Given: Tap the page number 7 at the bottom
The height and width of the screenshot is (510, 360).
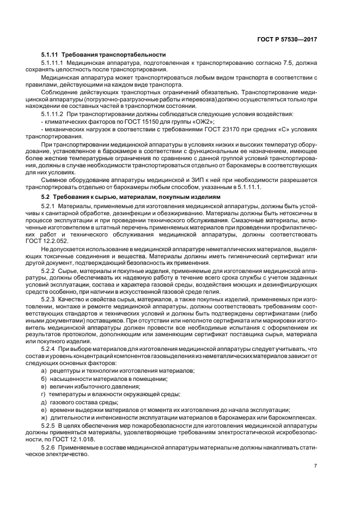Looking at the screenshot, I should coord(315,465).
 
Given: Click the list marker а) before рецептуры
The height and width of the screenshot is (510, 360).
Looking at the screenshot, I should coord(44,370).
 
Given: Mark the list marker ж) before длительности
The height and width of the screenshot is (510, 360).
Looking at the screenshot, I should coord(44,416).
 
